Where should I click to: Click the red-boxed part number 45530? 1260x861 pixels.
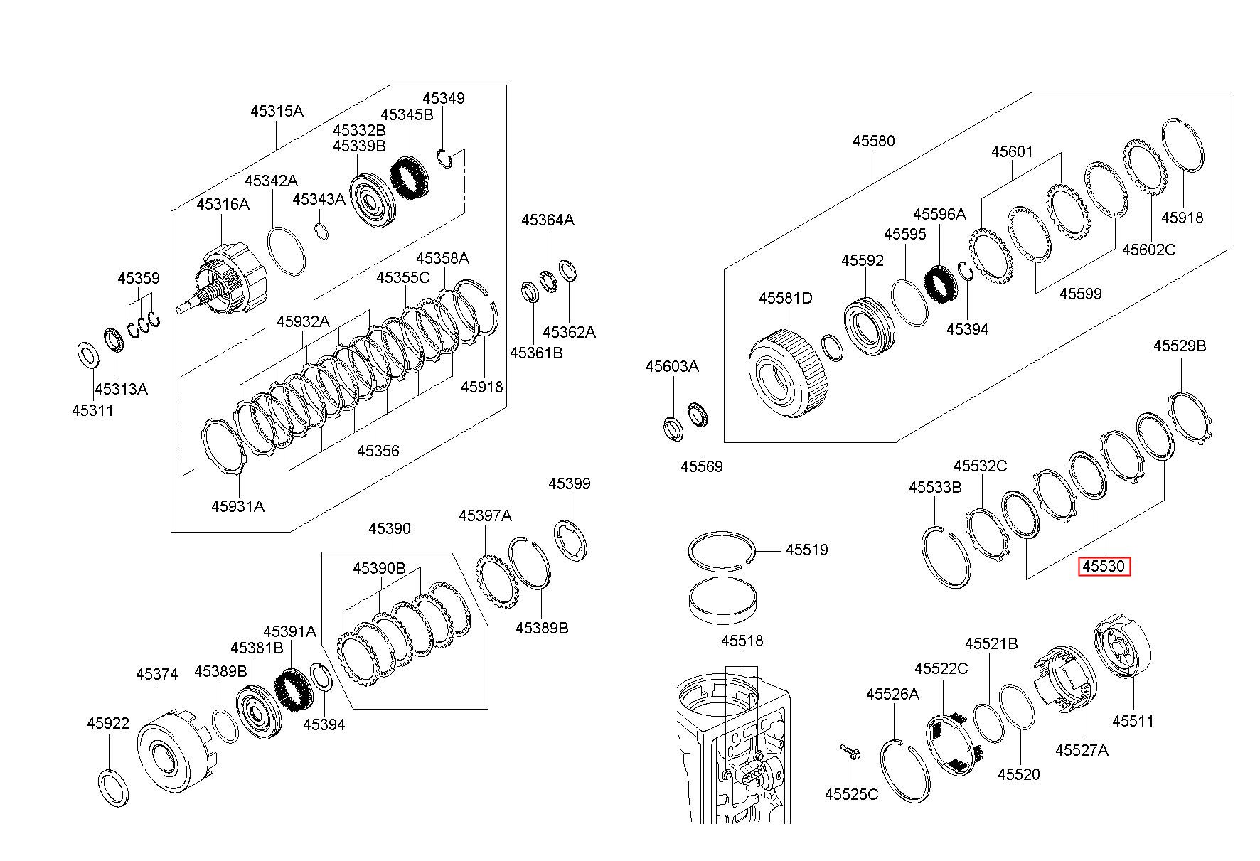tap(1104, 567)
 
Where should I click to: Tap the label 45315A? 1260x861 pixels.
tap(277, 111)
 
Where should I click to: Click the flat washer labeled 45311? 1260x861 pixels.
tap(87, 355)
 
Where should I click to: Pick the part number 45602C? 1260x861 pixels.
tap(1148, 250)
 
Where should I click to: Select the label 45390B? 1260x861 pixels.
tap(379, 569)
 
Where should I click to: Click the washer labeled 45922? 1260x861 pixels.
tap(113, 786)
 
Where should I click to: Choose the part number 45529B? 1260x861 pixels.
tap(1180, 346)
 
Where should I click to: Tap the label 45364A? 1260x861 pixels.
tap(548, 220)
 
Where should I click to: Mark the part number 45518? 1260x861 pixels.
tap(742, 641)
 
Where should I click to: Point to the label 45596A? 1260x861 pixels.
tap(939, 214)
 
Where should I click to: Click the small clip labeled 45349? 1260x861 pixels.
tap(446, 159)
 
